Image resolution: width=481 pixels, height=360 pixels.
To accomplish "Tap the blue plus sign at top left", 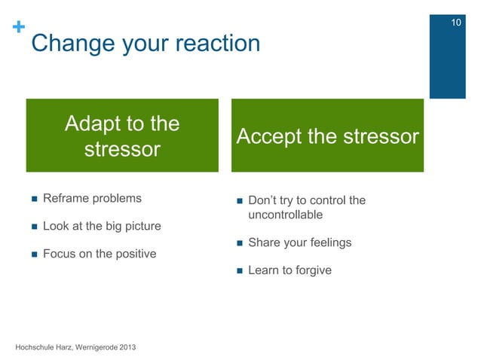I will click(x=16, y=28).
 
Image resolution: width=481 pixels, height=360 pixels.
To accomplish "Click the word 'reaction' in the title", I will click(x=218, y=44).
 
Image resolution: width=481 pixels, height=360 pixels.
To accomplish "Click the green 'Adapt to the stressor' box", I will click(x=122, y=136).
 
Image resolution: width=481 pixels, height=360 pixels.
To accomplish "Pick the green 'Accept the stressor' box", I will click(x=327, y=136).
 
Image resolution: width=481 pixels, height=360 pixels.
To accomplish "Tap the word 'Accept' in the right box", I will click(x=272, y=137).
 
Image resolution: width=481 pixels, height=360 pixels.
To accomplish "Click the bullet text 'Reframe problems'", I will click(x=92, y=199).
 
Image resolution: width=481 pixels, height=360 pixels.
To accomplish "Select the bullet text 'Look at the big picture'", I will click(x=102, y=226).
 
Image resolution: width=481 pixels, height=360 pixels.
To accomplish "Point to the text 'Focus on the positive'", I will click(x=100, y=254).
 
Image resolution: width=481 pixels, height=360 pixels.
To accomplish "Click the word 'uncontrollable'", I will click(x=286, y=215).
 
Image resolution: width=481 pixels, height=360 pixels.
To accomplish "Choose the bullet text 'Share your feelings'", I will click(x=299, y=243).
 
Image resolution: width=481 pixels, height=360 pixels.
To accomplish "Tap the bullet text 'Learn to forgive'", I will click(x=290, y=270).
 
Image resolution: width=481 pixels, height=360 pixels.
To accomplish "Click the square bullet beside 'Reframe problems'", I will click(x=32, y=200).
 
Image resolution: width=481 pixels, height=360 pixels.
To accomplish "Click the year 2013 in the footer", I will click(x=127, y=346).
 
